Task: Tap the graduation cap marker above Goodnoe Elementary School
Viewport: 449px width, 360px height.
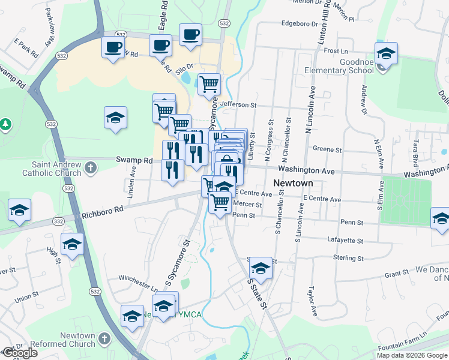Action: (x=387, y=53)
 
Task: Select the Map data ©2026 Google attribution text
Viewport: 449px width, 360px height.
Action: (x=412, y=355)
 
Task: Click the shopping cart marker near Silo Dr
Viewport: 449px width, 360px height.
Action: (x=209, y=83)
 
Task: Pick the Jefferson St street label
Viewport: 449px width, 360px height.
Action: (x=238, y=104)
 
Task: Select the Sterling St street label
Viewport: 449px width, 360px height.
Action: (x=348, y=257)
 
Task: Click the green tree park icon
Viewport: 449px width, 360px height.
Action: (x=6, y=124)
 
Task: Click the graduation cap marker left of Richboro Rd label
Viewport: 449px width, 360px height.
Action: (x=19, y=210)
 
